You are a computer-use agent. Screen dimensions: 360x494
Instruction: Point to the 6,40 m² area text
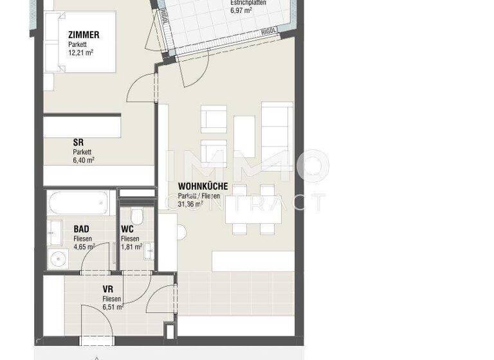84,161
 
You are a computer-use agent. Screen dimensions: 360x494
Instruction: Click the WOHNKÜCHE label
203,186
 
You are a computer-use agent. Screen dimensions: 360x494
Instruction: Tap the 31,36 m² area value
191,204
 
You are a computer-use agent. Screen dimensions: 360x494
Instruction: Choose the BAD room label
82,228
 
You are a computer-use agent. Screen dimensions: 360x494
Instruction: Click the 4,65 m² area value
84,246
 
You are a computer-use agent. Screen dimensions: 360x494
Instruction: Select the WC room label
128,228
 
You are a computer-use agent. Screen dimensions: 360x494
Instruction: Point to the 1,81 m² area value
131,246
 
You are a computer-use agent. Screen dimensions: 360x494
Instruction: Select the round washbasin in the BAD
59,258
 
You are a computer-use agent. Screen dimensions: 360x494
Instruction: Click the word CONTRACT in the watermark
244,203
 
